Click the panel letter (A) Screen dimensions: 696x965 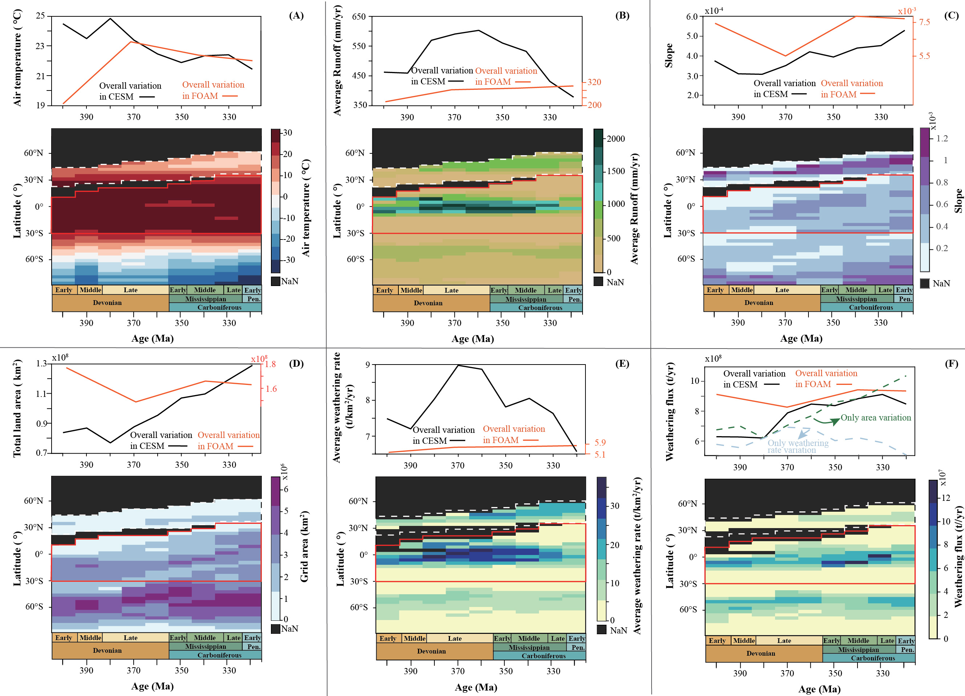tap(296, 16)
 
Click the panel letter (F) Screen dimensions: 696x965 tap(952, 363)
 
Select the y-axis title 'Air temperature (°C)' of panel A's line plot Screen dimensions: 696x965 tap(17, 58)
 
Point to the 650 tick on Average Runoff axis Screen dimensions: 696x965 tap(359, 17)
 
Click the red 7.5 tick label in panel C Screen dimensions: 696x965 tap(924, 22)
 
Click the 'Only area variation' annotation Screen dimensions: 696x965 tap(876, 418)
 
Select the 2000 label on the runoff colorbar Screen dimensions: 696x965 tap(616, 139)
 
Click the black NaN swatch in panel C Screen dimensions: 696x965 tap(925, 283)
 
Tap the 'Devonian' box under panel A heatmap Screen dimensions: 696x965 tap(107, 303)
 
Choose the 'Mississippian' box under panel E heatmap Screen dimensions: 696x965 tap(529, 647)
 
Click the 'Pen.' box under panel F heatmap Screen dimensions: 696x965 tap(907, 649)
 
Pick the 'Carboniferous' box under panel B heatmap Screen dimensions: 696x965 tap(540, 308)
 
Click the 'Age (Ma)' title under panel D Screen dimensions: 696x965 tap(152, 686)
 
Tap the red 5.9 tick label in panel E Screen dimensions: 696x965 tap(600, 443)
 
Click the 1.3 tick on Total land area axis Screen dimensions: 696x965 tap(42, 363)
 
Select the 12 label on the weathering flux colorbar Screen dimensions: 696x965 tap(945, 498)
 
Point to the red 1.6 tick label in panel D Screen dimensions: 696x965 tap(271, 389)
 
